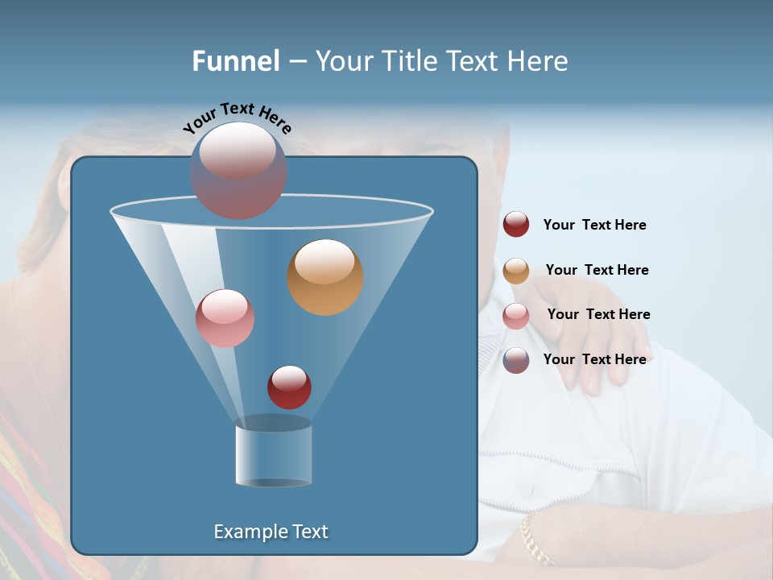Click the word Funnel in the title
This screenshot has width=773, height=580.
pyautogui.click(x=235, y=61)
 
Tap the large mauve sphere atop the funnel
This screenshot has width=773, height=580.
pyautogui.click(x=238, y=170)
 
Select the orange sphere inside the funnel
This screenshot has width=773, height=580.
pyautogui.click(x=324, y=277)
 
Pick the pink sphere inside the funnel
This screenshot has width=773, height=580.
pyautogui.click(x=225, y=318)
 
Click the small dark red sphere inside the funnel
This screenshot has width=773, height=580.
pyautogui.click(x=289, y=387)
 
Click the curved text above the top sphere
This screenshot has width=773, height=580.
pyautogui.click(x=238, y=118)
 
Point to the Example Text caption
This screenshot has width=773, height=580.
pyautogui.click(x=271, y=532)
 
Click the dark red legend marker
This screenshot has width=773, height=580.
pyautogui.click(x=516, y=224)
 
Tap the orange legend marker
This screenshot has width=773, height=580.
pyautogui.click(x=516, y=271)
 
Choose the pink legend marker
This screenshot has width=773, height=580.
pyautogui.click(x=516, y=316)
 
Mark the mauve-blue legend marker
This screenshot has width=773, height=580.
pyautogui.click(x=516, y=360)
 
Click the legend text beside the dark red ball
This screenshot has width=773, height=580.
pyautogui.click(x=594, y=226)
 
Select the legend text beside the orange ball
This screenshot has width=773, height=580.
pyautogui.click(x=597, y=271)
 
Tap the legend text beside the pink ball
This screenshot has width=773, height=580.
pyautogui.click(x=598, y=315)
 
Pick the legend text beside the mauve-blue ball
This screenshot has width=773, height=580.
pyautogui.click(x=594, y=359)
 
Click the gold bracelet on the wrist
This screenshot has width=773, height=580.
pyautogui.click(x=535, y=539)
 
